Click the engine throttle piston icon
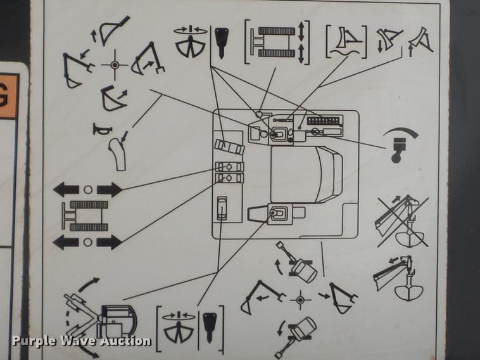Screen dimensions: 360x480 398,145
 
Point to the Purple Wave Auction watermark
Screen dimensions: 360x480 81,341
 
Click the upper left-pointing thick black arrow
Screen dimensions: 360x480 66,190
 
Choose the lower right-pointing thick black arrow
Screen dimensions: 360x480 108,241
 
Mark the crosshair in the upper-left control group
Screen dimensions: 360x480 115,65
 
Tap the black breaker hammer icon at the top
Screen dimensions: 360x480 222,42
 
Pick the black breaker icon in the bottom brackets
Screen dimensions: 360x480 210,325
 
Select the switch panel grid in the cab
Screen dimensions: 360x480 323,120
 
